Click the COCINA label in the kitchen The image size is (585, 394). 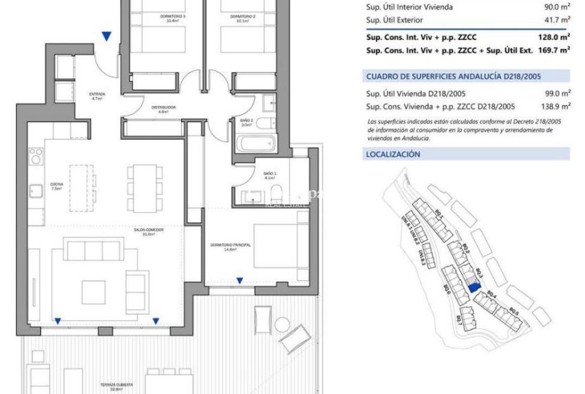(x=56, y=185)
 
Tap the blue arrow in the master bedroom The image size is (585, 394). (x=240, y=280)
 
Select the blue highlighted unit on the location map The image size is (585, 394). (x=472, y=289)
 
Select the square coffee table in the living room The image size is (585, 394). (x=94, y=292)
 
